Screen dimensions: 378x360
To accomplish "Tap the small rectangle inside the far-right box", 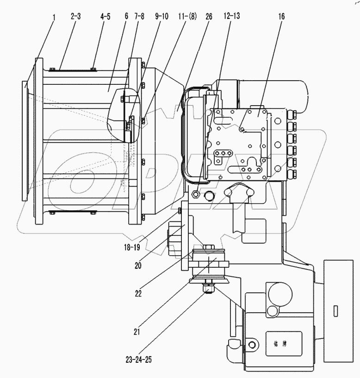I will (x=335, y=311).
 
